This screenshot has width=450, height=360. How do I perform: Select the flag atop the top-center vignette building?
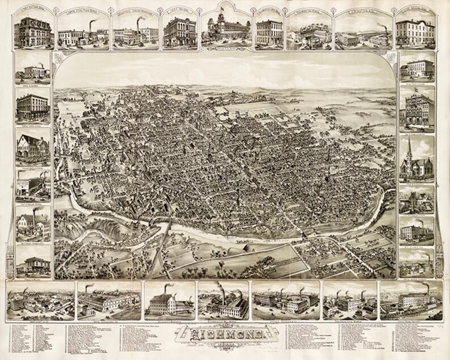(x=220, y=9)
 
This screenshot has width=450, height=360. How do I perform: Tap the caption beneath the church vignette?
(x=416, y=180)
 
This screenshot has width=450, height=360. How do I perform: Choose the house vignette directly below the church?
(x=416, y=198)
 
